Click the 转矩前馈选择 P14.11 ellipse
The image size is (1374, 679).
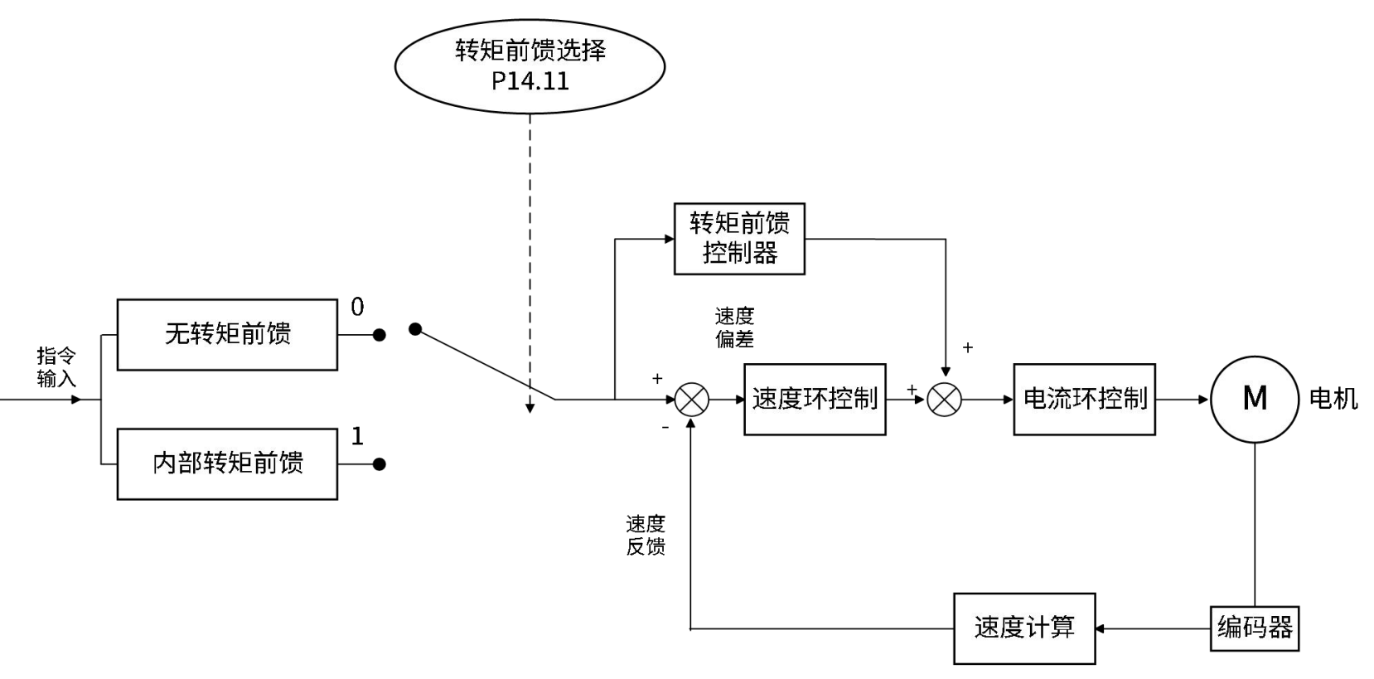click(530, 66)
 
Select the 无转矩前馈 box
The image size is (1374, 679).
click(227, 334)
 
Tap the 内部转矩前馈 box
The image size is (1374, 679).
click(227, 463)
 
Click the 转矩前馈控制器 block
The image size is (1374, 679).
click(739, 239)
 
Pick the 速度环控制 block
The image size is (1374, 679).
click(815, 399)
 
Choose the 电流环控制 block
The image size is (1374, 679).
click(1084, 399)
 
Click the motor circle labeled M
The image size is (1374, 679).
click(1255, 399)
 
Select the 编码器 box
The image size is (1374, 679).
click(1255, 628)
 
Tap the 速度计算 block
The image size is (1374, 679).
click(1024, 628)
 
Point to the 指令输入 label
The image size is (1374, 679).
click(56, 367)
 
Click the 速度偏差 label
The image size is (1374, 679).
click(734, 327)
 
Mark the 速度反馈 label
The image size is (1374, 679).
click(646, 535)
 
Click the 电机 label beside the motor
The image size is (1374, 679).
click(1333, 399)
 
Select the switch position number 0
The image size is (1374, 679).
click(357, 307)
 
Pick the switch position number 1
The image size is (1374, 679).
click(357, 436)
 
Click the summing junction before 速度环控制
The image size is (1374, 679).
click(691, 400)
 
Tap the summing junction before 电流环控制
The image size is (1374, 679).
click(944, 400)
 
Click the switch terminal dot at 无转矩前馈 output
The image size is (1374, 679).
click(380, 335)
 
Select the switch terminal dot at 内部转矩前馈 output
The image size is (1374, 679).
click(380, 464)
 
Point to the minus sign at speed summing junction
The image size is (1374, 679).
click(665, 428)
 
